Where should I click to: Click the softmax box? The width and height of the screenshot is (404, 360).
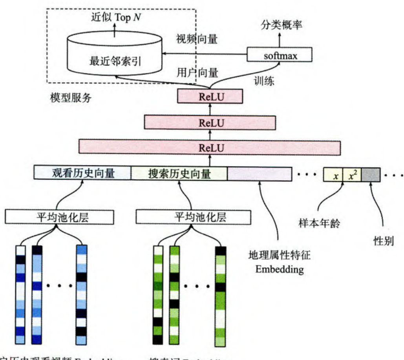click(x=280, y=55)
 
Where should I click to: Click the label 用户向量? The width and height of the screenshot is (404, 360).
click(x=197, y=73)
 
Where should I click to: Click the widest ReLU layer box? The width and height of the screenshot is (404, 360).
click(x=210, y=148)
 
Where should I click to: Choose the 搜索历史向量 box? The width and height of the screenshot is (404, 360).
click(x=179, y=173)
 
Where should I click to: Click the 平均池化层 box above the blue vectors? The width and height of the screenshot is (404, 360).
click(x=60, y=217)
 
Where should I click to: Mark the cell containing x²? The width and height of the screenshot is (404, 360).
click(x=352, y=175)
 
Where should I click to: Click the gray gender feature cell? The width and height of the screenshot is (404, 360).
click(x=371, y=175)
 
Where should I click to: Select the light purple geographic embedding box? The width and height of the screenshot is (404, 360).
click(x=260, y=173)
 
